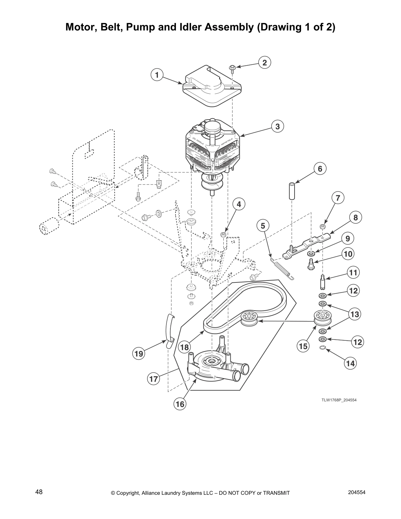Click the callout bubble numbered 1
[x=157, y=75]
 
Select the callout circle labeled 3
[x=277, y=126]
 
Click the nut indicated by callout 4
[x=222, y=234]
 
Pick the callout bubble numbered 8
[x=355, y=217]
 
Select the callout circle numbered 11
[x=353, y=272]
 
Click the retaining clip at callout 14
[x=322, y=348]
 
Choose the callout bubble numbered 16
[x=180, y=404]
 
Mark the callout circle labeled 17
[x=154, y=379]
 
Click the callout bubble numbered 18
[x=185, y=347]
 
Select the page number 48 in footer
[x=39, y=492]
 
